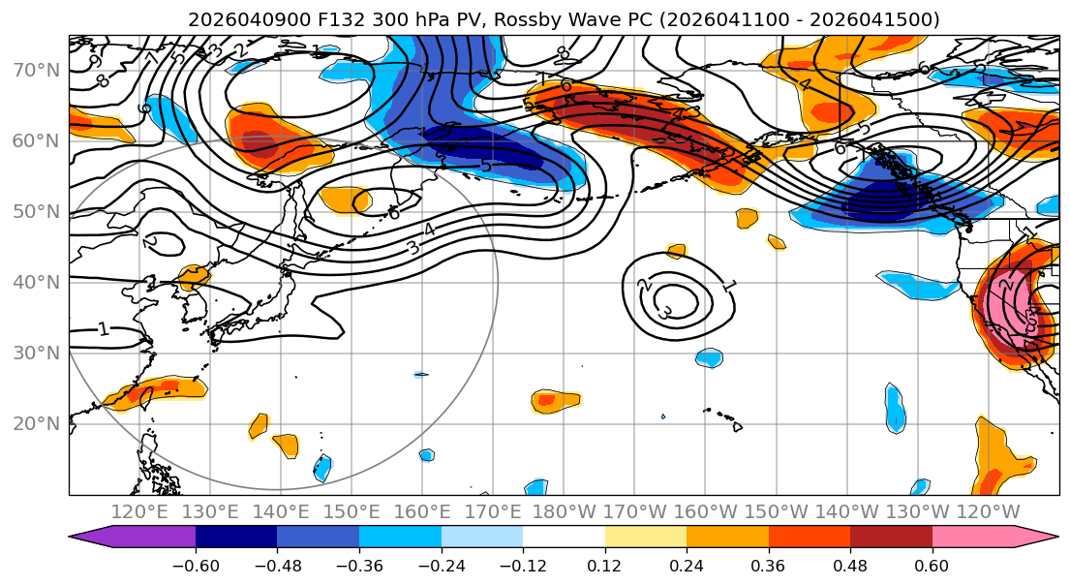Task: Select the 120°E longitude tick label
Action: click(x=139, y=510)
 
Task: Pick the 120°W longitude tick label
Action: click(x=987, y=510)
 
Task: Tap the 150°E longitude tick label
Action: click(x=352, y=510)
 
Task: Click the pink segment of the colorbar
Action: click(x=973, y=538)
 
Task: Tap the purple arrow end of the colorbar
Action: click(x=92, y=538)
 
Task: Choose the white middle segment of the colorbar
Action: click(x=564, y=538)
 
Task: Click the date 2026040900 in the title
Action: click(x=236, y=19)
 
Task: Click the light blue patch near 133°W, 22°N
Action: click(x=895, y=409)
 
